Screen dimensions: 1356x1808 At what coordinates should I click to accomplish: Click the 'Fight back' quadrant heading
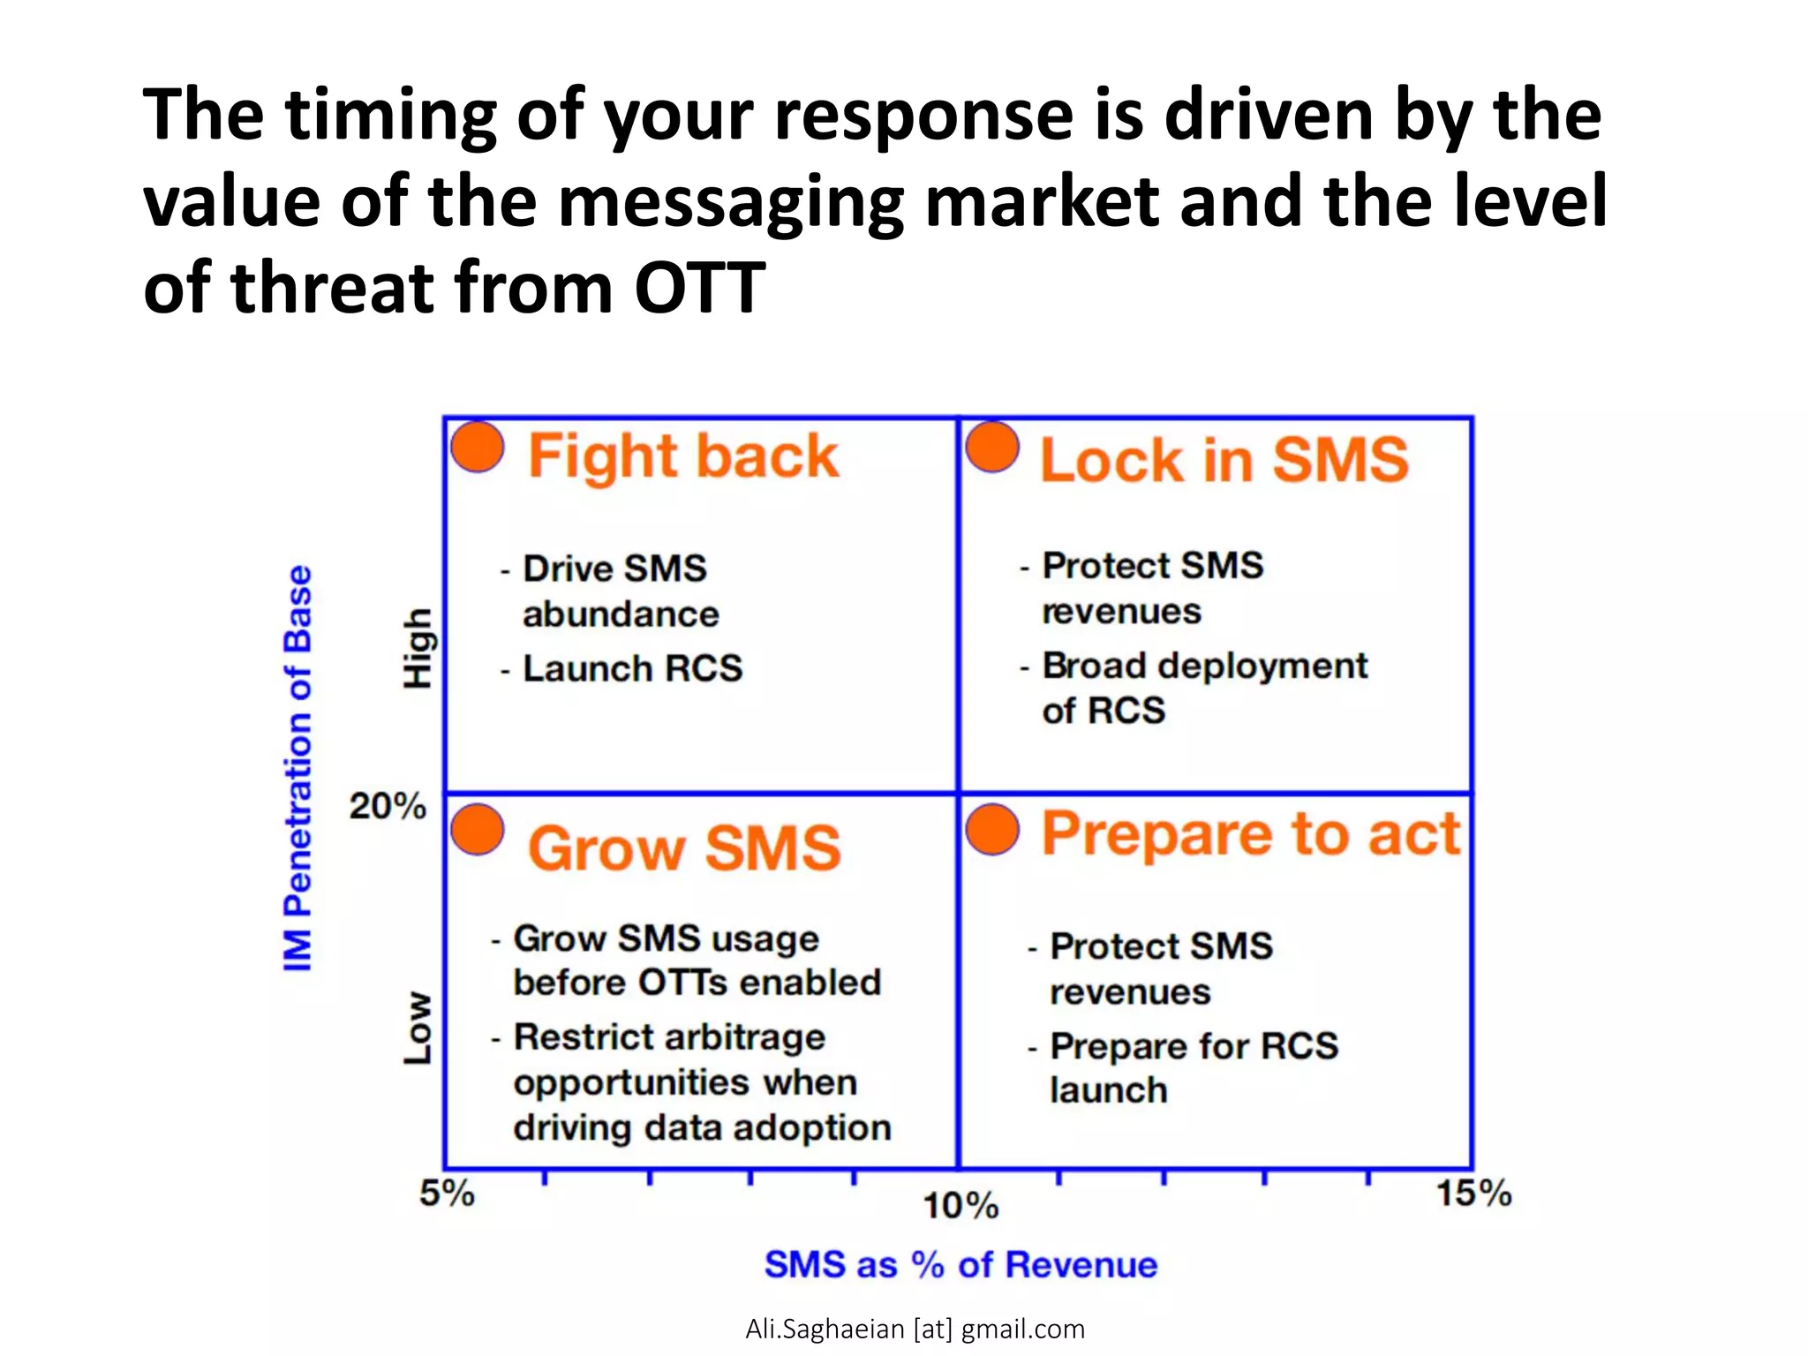[682, 457]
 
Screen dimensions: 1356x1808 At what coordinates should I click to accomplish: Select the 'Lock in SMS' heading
[1224, 461]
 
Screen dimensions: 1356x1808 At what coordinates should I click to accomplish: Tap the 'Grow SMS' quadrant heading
[684, 848]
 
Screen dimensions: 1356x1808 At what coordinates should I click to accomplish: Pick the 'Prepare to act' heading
[1250, 834]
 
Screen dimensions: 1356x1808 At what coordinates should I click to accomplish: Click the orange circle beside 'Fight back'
[478, 447]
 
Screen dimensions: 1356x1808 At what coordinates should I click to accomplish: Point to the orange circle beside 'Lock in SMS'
[992, 447]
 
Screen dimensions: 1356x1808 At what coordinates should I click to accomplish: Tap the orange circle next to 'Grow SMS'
[478, 830]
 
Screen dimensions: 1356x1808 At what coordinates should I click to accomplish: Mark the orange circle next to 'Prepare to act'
[992, 830]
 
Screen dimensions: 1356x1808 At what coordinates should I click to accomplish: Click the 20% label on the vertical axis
[387, 806]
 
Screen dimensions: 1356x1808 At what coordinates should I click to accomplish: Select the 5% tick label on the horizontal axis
[447, 1194]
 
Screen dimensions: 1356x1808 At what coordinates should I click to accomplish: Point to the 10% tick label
[960, 1206]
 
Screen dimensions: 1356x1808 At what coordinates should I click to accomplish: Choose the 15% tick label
[1473, 1194]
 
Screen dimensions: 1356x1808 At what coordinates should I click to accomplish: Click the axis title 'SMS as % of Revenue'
[960, 1265]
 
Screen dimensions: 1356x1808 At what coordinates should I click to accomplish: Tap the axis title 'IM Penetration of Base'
[298, 768]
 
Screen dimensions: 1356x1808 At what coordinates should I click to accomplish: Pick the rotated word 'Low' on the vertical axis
[418, 1028]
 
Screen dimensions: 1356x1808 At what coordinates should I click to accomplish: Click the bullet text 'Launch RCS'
[632, 668]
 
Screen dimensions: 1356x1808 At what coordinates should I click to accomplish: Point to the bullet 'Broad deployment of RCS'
[1204, 688]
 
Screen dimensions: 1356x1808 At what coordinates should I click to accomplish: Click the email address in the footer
[915, 1329]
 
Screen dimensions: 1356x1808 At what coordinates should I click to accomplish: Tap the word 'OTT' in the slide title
[699, 288]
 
